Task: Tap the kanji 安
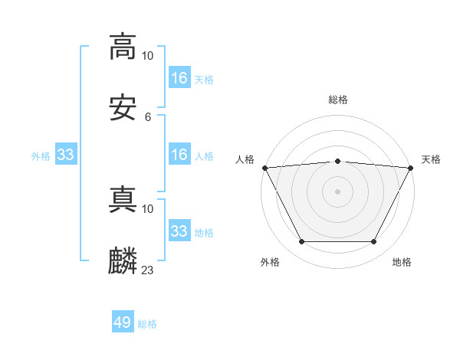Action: pos(123,109)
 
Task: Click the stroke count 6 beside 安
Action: pos(148,117)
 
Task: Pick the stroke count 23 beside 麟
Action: pos(148,270)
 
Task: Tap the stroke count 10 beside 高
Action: pos(148,55)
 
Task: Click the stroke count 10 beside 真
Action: pos(148,208)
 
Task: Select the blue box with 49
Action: pos(123,322)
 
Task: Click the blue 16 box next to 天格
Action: pos(179,78)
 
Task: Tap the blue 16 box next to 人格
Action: pos(179,155)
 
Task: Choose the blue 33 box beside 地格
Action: pos(179,231)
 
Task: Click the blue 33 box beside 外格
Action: pos(66,155)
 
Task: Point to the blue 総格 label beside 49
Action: pos(148,324)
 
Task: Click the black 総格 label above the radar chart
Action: pos(338,100)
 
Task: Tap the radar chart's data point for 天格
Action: pos(412,167)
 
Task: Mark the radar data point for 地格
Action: pos(374,242)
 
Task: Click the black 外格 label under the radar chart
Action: pos(270,262)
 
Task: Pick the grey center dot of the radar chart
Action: pos(338,191)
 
